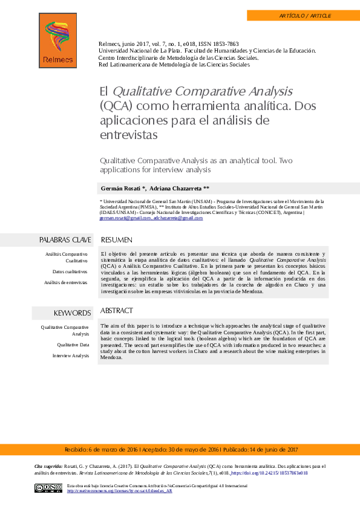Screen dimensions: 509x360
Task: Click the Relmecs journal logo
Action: (58, 41)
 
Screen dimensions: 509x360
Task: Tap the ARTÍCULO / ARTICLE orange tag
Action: (303, 16)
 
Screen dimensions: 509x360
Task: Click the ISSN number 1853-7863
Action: (225, 44)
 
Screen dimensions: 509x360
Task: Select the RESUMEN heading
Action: (117, 240)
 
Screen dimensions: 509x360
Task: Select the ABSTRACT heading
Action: (116, 311)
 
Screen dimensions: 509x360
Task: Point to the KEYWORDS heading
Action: (72, 313)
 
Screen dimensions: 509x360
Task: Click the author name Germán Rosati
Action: (121, 188)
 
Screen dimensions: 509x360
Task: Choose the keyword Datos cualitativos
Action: (70, 272)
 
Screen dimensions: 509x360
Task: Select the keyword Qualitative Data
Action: (73, 345)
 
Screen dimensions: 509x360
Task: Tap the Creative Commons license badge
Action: (48, 488)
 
